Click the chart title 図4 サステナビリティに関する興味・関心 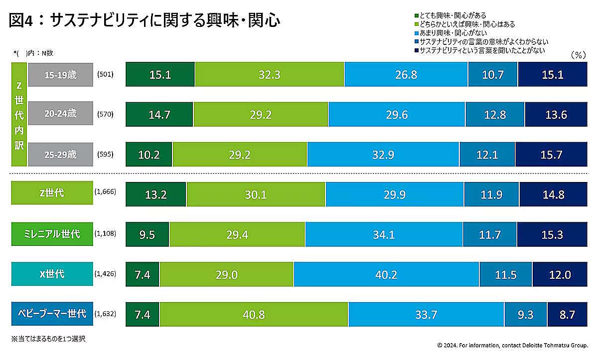click(145, 20)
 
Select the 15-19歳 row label click(60, 75)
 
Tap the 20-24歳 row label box click(60, 114)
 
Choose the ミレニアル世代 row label click(52, 234)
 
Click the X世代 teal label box click(52, 274)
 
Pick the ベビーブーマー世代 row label click(52, 314)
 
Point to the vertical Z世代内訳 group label click(19, 114)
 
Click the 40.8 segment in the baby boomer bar click(254, 315)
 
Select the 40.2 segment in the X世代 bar click(386, 275)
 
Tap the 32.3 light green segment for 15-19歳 click(270, 75)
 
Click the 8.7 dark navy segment click(567, 315)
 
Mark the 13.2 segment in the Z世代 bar click(156, 194)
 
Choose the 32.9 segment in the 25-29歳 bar click(383, 155)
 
